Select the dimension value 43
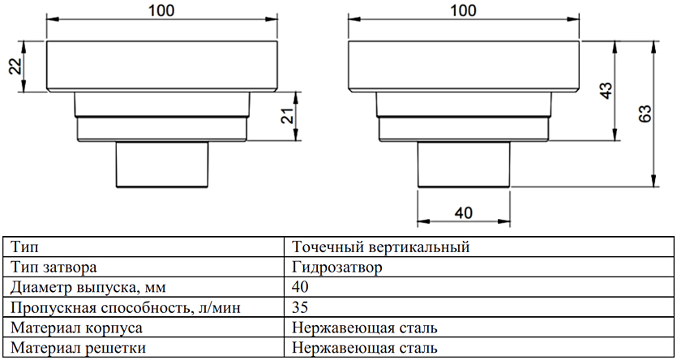coord(603,90)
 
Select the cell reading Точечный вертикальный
coord(381,246)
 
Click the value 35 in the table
coord(302,308)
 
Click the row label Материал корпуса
coord(75,328)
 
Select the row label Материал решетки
coord(75,349)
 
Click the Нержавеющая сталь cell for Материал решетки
coord(366,349)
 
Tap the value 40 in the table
coord(302,287)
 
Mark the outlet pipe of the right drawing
coord(463,165)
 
